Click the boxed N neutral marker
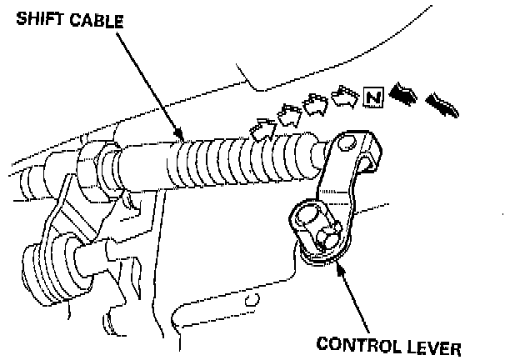(373, 99)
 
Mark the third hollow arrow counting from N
(289, 115)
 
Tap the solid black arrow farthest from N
(442, 104)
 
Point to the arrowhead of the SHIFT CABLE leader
(178, 136)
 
